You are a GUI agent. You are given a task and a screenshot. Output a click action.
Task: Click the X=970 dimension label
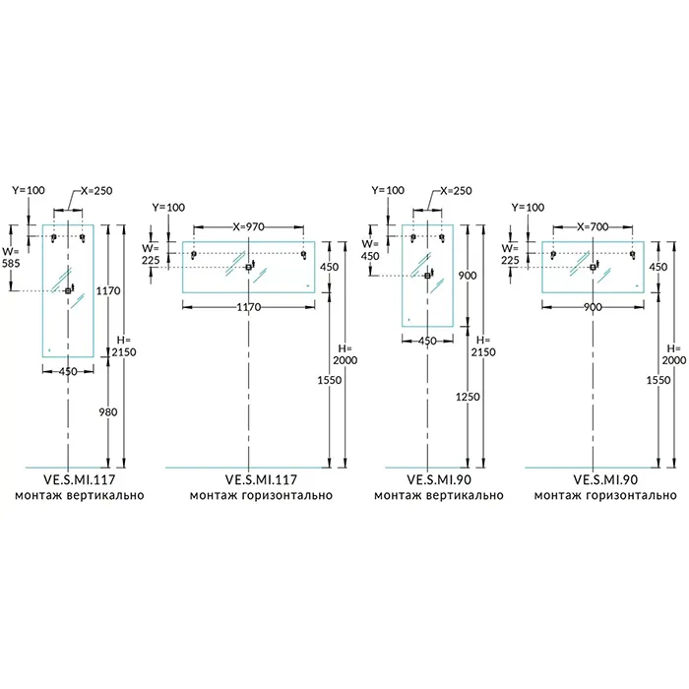click(248, 226)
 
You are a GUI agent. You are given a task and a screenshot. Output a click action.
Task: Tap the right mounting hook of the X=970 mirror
click(303, 255)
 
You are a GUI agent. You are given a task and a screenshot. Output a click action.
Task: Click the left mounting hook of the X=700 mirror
click(553, 255)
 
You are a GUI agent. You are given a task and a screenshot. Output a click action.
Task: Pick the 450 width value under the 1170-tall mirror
click(68, 371)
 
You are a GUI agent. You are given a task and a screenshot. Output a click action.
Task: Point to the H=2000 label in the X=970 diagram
click(346, 354)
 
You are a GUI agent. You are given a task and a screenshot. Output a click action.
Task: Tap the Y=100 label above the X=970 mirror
click(168, 208)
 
